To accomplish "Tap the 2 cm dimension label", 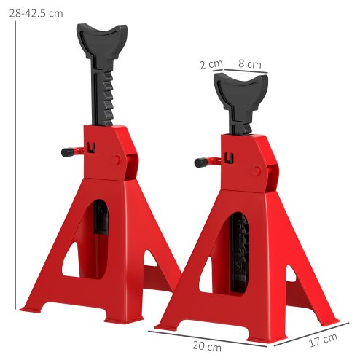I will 211,64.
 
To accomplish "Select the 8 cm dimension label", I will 249,64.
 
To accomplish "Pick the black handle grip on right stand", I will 202,162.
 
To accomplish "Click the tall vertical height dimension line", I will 15,168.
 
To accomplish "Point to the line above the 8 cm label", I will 246,71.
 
